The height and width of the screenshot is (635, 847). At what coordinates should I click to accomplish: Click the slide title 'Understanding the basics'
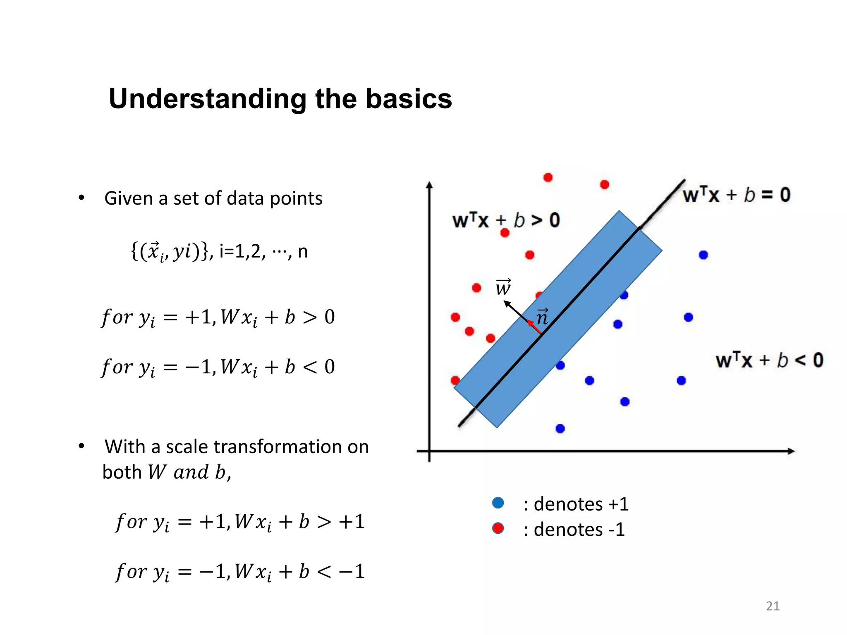click(x=280, y=99)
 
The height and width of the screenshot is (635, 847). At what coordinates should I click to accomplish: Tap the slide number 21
click(x=773, y=606)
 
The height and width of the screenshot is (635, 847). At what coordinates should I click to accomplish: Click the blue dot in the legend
click(x=498, y=503)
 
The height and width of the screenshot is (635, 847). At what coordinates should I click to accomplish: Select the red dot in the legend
click(x=498, y=528)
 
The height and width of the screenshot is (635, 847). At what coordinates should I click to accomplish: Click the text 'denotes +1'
click(x=581, y=504)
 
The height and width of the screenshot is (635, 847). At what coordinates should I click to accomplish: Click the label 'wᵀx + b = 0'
click(x=736, y=195)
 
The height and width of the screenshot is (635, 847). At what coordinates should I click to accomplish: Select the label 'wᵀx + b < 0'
click(x=769, y=360)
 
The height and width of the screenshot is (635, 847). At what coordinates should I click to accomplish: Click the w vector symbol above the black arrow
click(x=503, y=287)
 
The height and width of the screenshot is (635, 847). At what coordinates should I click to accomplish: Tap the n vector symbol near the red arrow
click(x=542, y=317)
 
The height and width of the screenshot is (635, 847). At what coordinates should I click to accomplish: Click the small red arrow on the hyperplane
click(x=534, y=326)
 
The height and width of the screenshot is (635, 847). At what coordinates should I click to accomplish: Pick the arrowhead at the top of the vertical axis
click(x=430, y=185)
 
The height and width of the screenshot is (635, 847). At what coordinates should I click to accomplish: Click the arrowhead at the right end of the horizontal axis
click(x=790, y=451)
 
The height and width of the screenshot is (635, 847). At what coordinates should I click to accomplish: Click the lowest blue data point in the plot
click(x=560, y=428)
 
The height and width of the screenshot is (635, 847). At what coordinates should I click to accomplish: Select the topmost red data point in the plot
click(x=548, y=177)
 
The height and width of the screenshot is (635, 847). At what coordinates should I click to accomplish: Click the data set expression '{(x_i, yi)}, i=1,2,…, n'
click(x=219, y=251)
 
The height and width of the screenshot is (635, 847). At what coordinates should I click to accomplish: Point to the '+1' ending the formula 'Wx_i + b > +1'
click(x=352, y=521)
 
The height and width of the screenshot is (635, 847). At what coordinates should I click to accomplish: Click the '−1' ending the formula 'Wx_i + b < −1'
click(x=352, y=571)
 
